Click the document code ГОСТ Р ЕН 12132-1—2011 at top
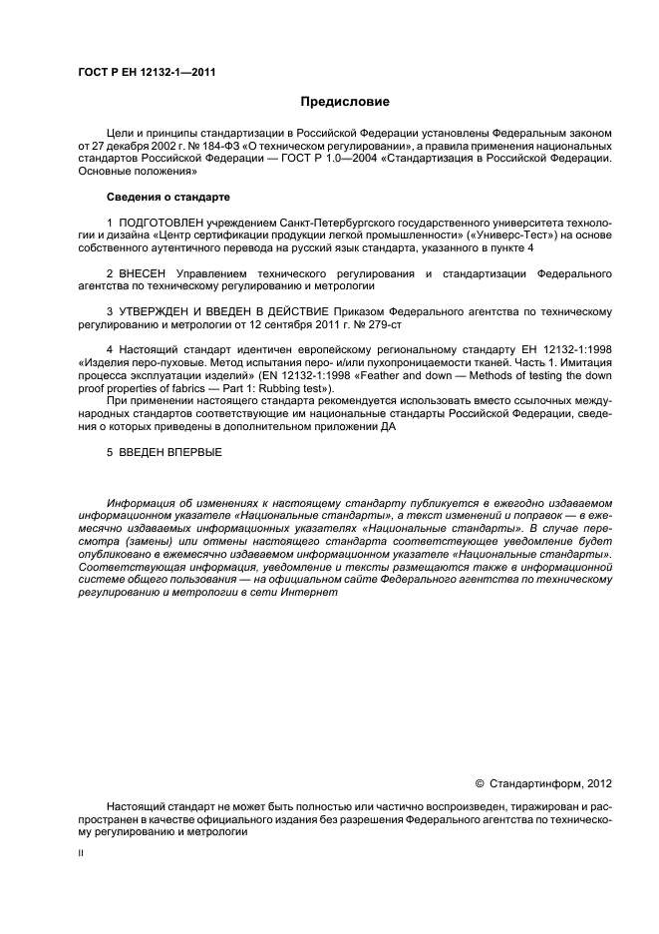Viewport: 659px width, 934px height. [x=146, y=72]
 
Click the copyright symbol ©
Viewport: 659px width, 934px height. [x=479, y=784]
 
